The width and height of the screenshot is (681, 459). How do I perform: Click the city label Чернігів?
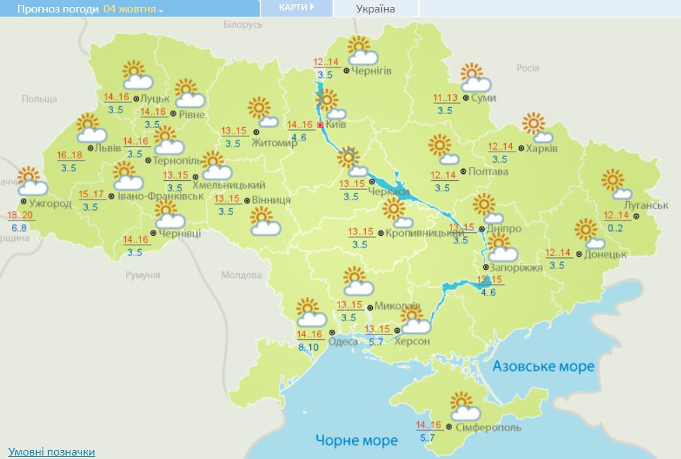tap(371, 71)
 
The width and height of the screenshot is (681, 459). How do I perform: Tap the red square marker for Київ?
tap(320, 125)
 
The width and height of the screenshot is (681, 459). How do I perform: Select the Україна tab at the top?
tap(375, 9)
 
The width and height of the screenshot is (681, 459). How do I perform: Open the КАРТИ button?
tap(296, 8)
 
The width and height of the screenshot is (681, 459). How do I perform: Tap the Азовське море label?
tap(543, 366)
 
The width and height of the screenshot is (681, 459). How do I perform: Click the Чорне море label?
tap(357, 440)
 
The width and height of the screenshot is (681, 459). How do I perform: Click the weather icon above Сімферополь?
tap(462, 405)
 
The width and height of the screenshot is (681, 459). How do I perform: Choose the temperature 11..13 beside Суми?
tap(445, 97)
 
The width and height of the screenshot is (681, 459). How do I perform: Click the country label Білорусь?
tap(243, 24)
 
